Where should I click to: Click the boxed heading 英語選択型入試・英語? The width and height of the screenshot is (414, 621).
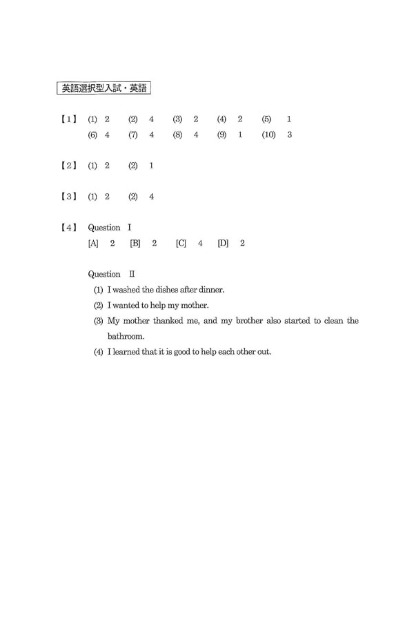pos(103,88)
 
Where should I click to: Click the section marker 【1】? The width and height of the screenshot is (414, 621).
pos(68,119)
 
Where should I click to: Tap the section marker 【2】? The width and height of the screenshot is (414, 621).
pos(68,166)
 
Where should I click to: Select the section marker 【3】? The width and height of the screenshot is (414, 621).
pos(68,197)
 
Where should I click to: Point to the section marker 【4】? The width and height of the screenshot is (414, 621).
pos(68,228)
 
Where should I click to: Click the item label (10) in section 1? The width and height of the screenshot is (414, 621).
pos(268,135)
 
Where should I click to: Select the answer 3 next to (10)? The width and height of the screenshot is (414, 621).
pos(289,135)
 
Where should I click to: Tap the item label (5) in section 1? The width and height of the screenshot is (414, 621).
pos(266,119)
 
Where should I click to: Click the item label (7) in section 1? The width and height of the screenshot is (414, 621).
pos(133,135)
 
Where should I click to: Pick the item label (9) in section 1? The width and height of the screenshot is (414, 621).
pos(221,135)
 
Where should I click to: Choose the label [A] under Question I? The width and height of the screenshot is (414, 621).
pos(93,244)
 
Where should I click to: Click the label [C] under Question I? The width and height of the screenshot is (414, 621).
pos(181,244)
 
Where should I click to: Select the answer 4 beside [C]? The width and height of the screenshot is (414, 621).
pos(200,244)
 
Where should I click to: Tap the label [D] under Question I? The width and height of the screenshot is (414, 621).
pos(223,244)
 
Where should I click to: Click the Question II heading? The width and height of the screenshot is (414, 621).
pos(112,274)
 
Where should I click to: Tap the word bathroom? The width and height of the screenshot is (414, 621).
pos(126,337)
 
